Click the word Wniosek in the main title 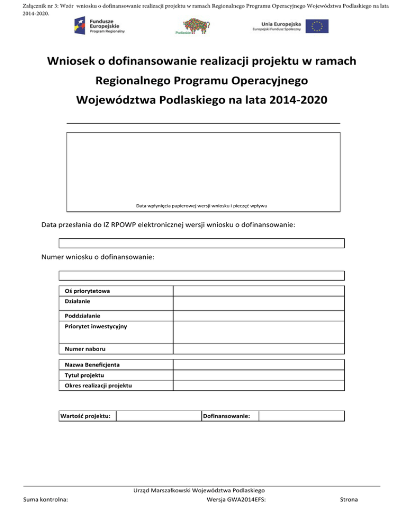pyautogui.click(x=71, y=62)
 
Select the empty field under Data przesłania pyautogui.click(x=201, y=243)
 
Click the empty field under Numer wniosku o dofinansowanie pyautogui.click(x=201, y=276)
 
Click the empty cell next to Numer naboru pyautogui.click(x=258, y=349)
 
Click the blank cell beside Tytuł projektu pyautogui.click(x=258, y=375)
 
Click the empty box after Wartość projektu pyautogui.click(x=158, y=416)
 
